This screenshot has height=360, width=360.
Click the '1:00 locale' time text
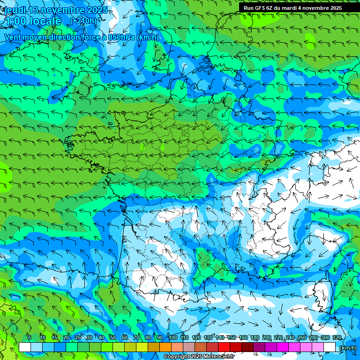click(x=33, y=21)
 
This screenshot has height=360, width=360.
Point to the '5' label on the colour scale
click(x=30, y=337)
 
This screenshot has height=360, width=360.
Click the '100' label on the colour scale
click(x=173, y=337)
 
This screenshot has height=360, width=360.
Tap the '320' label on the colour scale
click(x=337, y=337)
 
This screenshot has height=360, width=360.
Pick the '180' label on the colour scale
click(x=255, y=337)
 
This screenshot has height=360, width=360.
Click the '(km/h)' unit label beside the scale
click(x=348, y=348)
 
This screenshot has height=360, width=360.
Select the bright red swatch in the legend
click(x=224, y=347)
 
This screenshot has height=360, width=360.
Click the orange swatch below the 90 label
click(x=165, y=347)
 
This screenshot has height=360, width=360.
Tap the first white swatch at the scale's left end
click(x=24, y=347)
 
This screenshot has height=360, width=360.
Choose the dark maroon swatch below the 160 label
click(x=247, y=347)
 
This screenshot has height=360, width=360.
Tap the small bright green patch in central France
click(x=163, y=147)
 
